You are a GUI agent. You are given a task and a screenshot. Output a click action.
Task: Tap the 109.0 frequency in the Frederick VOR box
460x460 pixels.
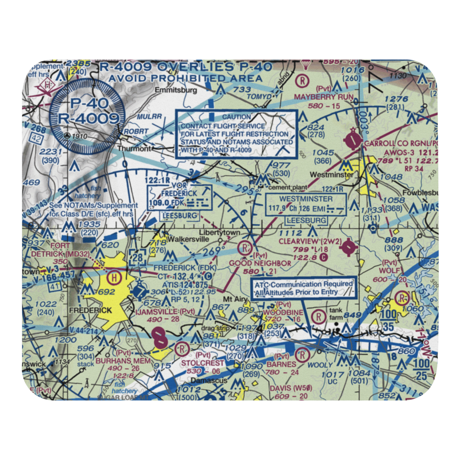[159, 203]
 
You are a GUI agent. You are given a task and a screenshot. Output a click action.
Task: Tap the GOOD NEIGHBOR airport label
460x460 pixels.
[260, 263]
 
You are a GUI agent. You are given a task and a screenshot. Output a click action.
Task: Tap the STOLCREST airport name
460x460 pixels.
[202, 363]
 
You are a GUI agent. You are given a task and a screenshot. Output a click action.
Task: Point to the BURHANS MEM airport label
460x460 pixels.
[123, 361]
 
